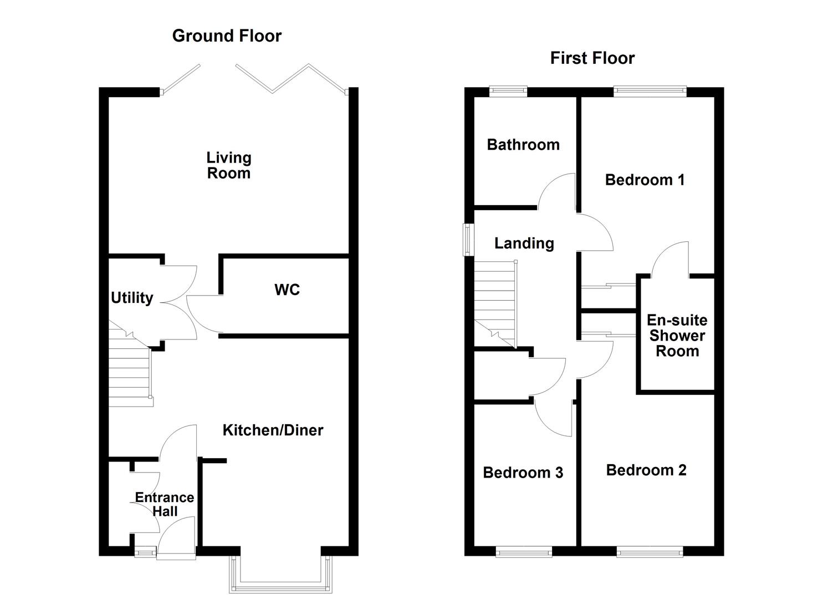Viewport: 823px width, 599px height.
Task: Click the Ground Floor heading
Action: [x=227, y=36]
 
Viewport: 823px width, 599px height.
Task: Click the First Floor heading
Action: [x=592, y=58]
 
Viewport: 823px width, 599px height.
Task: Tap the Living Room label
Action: [x=228, y=165]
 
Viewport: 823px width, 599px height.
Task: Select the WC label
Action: [x=287, y=290]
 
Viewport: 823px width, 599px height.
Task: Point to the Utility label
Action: [x=132, y=298]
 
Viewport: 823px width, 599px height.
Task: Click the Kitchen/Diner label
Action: [x=273, y=430]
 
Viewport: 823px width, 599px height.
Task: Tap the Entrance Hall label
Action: [x=165, y=504]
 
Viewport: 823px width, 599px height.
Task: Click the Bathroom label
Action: [x=523, y=145]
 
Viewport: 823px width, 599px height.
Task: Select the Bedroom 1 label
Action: [x=645, y=180]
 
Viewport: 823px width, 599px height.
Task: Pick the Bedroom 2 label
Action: [x=646, y=470]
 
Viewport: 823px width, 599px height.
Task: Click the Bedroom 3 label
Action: [x=523, y=473]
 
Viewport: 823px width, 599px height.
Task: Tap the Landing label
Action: [x=524, y=243]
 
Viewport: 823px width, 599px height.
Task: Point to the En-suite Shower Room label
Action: [x=677, y=336]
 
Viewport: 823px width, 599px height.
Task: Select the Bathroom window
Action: [x=508, y=92]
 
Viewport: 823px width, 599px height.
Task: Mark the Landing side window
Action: [x=469, y=239]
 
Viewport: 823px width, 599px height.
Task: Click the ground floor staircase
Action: [x=130, y=369]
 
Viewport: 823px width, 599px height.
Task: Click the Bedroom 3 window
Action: [x=523, y=551]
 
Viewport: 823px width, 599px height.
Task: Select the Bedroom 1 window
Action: [x=650, y=92]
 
